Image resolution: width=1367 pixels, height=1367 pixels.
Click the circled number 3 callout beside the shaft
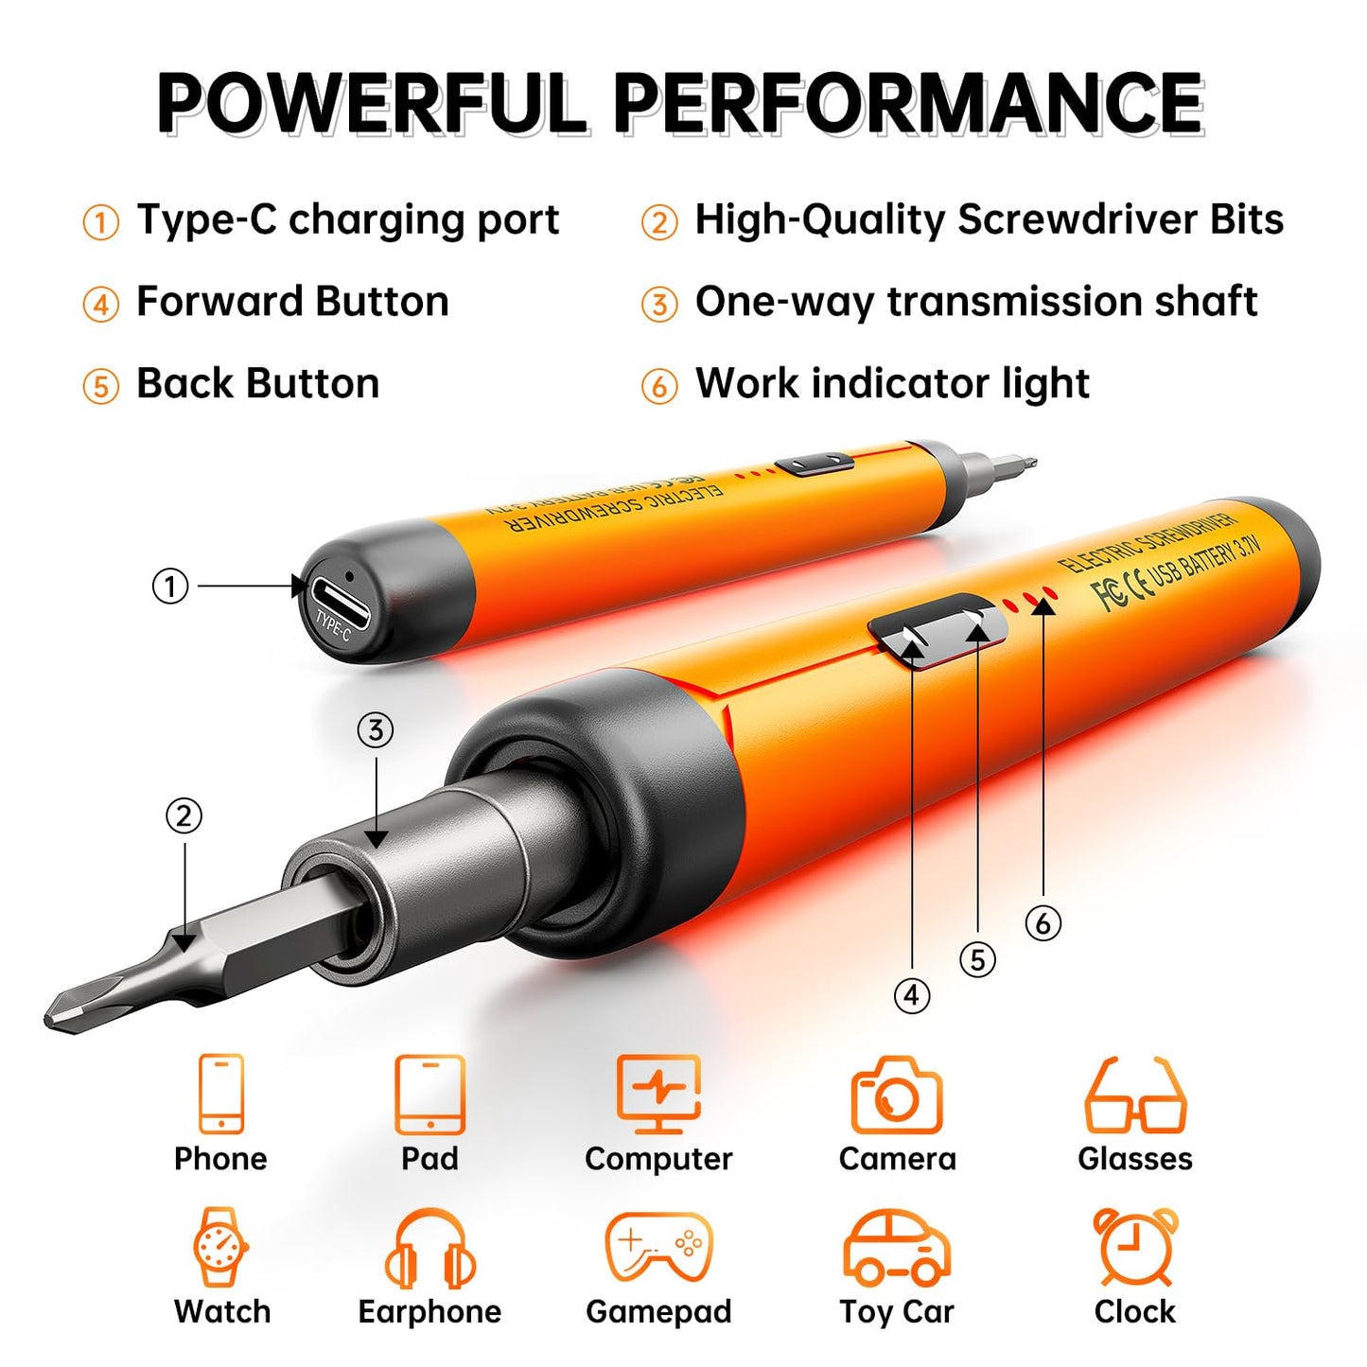[376, 730]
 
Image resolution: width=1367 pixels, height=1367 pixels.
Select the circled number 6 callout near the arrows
[1043, 922]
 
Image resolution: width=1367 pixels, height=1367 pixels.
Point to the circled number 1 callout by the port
[170, 586]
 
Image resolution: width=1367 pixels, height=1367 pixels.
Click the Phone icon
[221, 1094]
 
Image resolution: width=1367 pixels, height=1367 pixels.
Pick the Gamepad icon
[658, 1247]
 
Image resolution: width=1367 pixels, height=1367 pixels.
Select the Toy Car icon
[897, 1247]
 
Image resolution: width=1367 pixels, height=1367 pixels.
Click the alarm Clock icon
[1135, 1246]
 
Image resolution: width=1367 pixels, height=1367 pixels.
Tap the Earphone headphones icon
[430, 1249]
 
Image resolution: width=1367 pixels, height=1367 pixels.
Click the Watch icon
[221, 1247]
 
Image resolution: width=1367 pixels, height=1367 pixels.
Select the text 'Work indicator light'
[892, 383]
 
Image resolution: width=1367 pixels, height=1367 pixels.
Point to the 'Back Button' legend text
[257, 383]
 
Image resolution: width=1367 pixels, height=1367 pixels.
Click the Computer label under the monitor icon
[658, 1159]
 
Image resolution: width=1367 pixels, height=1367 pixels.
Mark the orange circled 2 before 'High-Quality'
[659, 223]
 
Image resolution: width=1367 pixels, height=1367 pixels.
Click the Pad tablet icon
[430, 1095]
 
